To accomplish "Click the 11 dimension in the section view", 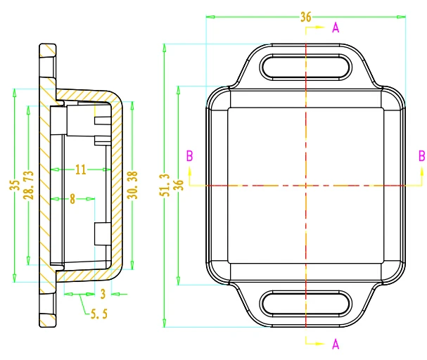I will click(79, 169).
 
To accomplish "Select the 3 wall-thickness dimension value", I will click(103, 293).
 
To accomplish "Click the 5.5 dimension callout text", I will click(100, 315).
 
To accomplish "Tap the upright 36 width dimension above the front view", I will click(306, 18).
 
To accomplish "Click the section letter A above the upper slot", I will click(336, 28).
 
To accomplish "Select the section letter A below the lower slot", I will click(336, 344).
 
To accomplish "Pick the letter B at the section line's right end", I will click(421, 155).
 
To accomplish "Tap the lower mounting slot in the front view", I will click(306, 304).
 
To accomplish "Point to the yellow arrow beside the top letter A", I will click(318, 28).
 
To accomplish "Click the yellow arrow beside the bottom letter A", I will click(318, 344).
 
